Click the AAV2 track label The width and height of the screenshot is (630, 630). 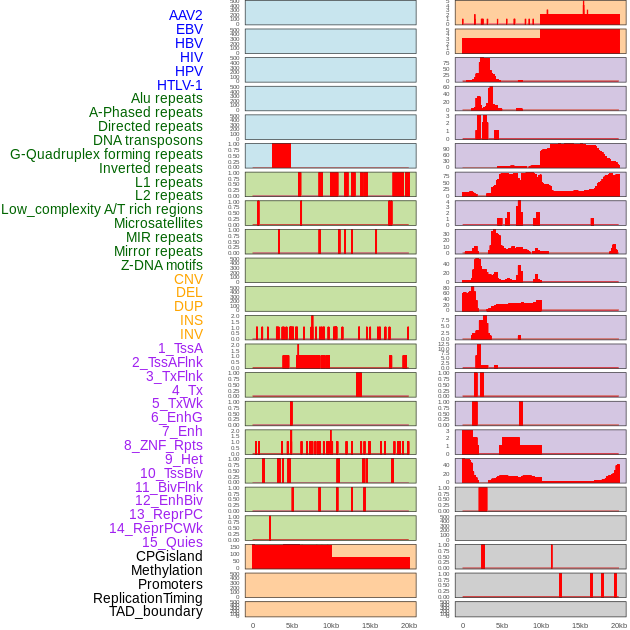pyautogui.click(x=185, y=15)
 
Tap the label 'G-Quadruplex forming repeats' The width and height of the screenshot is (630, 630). pyautogui.click(x=106, y=154)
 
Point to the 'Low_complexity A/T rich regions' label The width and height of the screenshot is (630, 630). pyautogui.click(x=102, y=209)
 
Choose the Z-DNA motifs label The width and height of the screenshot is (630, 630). pyautogui.click(x=162, y=265)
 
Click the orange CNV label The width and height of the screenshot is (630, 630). pyautogui.click(x=188, y=279)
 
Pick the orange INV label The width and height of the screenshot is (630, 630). pyautogui.click(x=191, y=334)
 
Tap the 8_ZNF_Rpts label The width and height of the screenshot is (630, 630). pyautogui.click(x=163, y=445)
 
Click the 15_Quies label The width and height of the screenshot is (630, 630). pyautogui.click(x=172, y=542)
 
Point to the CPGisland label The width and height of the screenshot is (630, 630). pyautogui.click(x=169, y=556)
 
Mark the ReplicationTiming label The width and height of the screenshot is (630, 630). pyautogui.click(x=148, y=598)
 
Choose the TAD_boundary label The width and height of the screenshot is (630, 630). pyautogui.click(x=155, y=611)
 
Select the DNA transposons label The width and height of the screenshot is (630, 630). pyautogui.click(x=148, y=140)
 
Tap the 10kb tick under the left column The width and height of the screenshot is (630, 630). pyautogui.click(x=330, y=625)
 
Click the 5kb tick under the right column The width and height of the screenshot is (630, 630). pyautogui.click(x=501, y=625)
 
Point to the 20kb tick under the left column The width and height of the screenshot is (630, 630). pyautogui.click(x=408, y=625)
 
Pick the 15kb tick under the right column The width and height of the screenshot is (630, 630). pyautogui.click(x=579, y=625)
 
